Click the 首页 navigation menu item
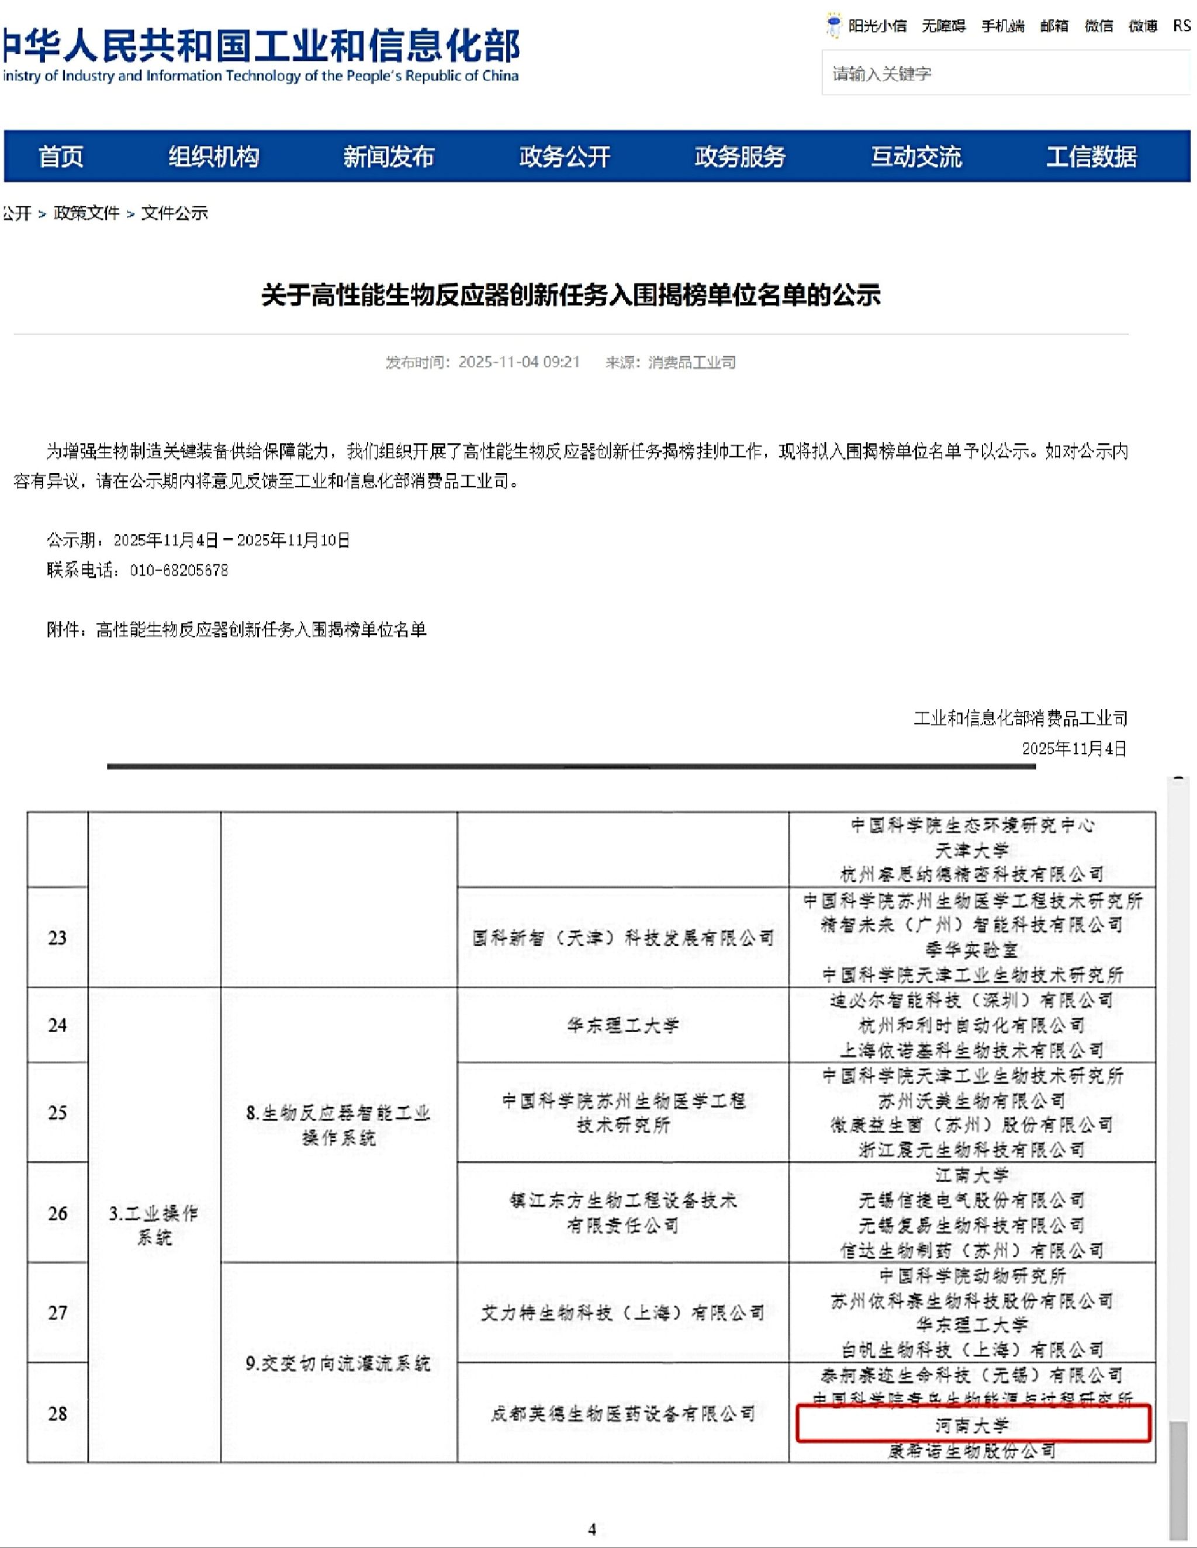tap(60, 156)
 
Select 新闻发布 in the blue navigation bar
tap(388, 156)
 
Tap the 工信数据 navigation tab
tap(1091, 156)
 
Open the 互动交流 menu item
tap(915, 156)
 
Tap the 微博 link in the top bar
tap(1143, 26)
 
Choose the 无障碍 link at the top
tap(943, 26)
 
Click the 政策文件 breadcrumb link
tap(87, 213)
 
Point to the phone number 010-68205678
tap(179, 570)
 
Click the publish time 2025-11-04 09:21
tap(518, 362)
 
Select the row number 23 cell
tap(57, 938)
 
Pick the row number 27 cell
tap(57, 1313)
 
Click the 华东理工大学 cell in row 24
tap(622, 1025)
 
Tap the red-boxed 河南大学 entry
tap(971, 1425)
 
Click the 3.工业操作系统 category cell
tap(154, 1225)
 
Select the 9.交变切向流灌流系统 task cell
tap(338, 1363)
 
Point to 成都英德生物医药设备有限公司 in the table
tap(622, 1414)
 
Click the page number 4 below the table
tap(591, 1529)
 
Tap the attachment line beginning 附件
tap(237, 629)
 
